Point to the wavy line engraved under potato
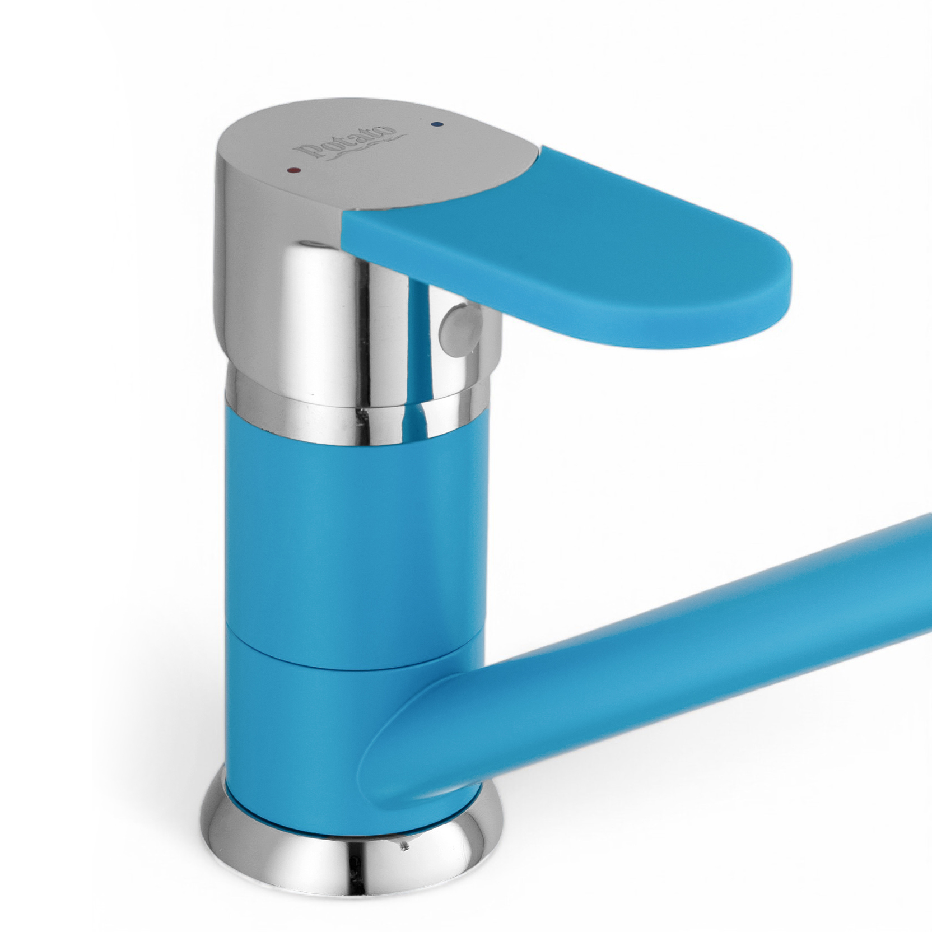358,147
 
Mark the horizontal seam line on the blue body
353,650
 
